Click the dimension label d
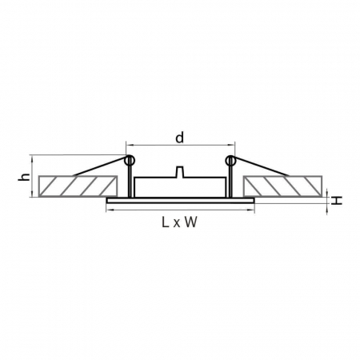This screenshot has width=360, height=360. [179, 138]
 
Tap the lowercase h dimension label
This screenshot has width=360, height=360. [24, 177]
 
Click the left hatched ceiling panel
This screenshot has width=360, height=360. [76, 186]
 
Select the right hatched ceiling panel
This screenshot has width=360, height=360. [284, 186]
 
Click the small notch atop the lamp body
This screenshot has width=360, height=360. [180, 171]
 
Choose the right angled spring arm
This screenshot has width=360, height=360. [260, 168]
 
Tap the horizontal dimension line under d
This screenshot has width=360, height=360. [179, 150]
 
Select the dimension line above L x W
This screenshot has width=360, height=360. [180, 211]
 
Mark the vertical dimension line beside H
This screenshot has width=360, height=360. [328, 198]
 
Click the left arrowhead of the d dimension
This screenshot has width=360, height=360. [130, 150]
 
